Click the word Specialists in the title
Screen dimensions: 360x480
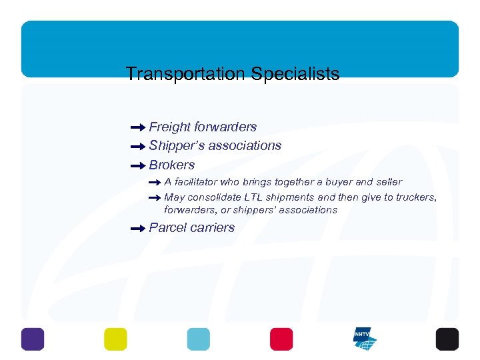click(x=295, y=74)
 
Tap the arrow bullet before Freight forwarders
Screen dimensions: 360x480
click(x=138, y=127)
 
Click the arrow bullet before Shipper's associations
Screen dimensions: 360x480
click(x=138, y=146)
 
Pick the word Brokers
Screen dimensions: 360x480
click(x=172, y=165)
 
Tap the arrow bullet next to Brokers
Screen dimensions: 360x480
click(x=138, y=165)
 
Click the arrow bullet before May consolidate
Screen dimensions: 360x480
click(x=154, y=197)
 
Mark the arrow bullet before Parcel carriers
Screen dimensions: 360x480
click(x=138, y=228)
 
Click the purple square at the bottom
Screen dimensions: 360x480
click(x=33, y=339)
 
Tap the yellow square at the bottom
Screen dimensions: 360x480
click(x=115, y=339)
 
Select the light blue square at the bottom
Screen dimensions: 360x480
click(x=198, y=339)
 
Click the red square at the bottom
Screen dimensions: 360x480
click(x=281, y=339)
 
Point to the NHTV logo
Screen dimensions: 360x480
click(x=364, y=339)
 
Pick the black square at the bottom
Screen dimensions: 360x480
click(x=447, y=339)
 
